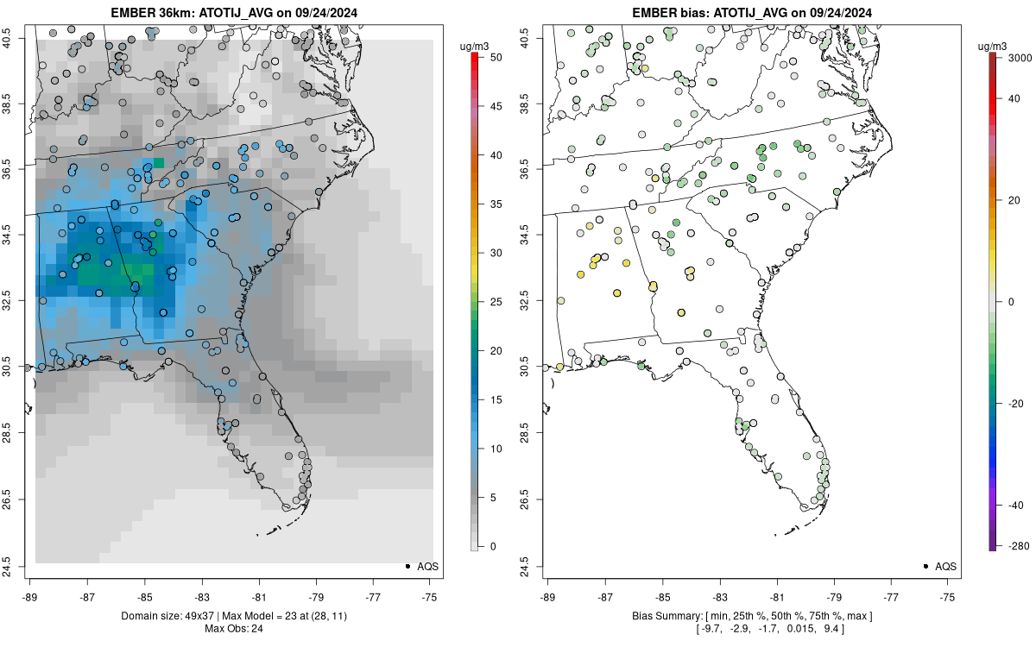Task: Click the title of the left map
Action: click(x=234, y=12)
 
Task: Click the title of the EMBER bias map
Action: click(x=752, y=12)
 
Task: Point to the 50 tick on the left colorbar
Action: click(x=496, y=57)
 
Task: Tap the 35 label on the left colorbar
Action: click(x=496, y=204)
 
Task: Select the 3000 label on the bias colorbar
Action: click(x=1020, y=58)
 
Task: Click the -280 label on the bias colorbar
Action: click(x=1020, y=546)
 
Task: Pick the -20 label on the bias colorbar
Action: click(x=1015, y=404)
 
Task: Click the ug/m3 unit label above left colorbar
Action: click(x=474, y=47)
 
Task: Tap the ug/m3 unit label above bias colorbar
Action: click(x=992, y=47)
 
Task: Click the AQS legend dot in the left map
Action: click(x=407, y=566)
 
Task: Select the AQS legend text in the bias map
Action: click(x=946, y=566)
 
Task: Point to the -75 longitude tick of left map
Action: click(x=430, y=597)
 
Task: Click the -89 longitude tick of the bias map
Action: click(x=547, y=597)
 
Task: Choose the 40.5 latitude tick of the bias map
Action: click(x=526, y=38)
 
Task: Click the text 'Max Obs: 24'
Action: click(x=234, y=628)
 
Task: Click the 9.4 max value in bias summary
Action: click(x=831, y=628)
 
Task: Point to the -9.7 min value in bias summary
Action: click(x=711, y=628)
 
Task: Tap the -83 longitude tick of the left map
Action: click(x=202, y=597)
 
